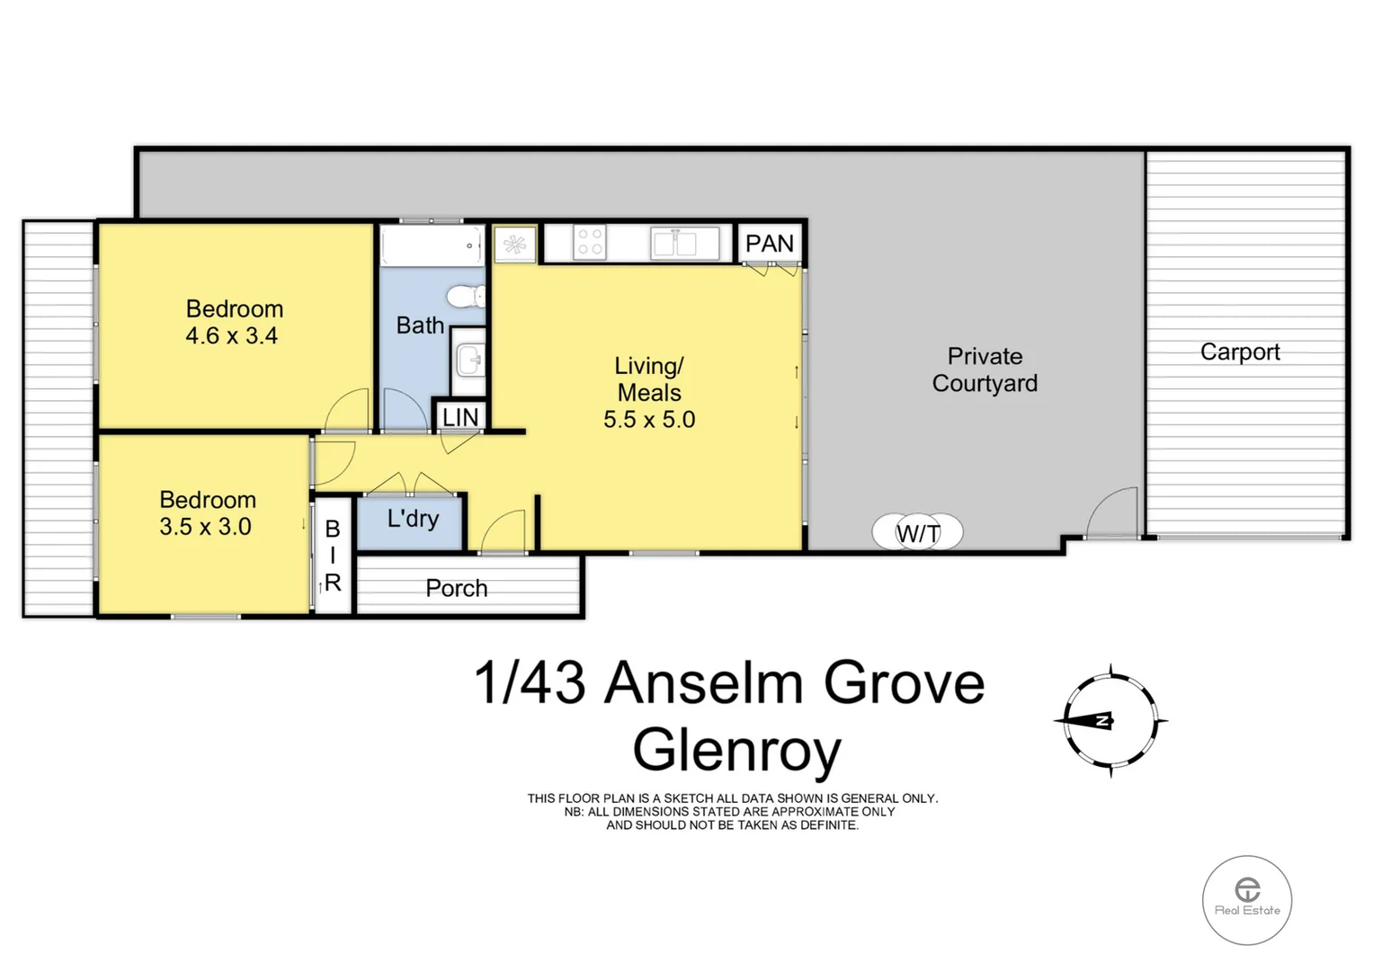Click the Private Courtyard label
[x=985, y=370]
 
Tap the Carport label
[x=1239, y=352]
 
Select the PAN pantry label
[x=770, y=244]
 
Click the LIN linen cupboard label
[x=460, y=417]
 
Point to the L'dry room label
[x=413, y=519]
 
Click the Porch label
[x=457, y=588]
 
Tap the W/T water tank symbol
[x=918, y=533]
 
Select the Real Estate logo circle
[x=1246, y=899]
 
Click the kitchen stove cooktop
[x=590, y=243]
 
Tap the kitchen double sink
[x=675, y=244]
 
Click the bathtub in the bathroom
[x=431, y=245]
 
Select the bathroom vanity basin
[x=469, y=361]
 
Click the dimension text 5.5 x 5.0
[x=649, y=420]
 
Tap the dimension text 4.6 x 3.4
[x=232, y=336]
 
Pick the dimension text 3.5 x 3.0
[x=205, y=527]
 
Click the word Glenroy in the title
[x=736, y=750]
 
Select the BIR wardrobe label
[x=333, y=556]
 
